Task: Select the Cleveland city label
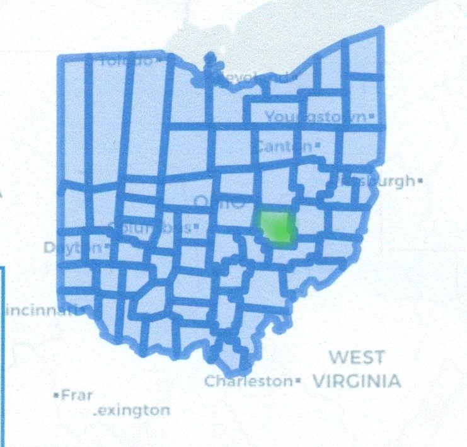[250, 77]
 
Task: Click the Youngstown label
[315, 117]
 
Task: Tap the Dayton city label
[72, 248]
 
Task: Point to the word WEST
[357, 357]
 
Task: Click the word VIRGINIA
[357, 381]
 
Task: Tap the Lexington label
[132, 411]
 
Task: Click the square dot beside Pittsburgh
[420, 181]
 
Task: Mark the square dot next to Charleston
[296, 381]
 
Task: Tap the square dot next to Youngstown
[372, 117]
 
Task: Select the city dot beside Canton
[318, 145]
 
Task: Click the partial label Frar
[76, 395]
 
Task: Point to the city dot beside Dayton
[108, 247]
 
